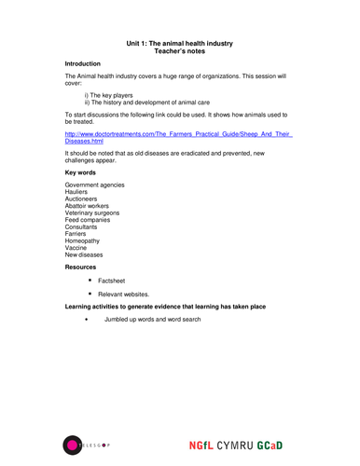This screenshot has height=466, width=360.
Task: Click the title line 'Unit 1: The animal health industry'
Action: [x=179, y=43]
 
